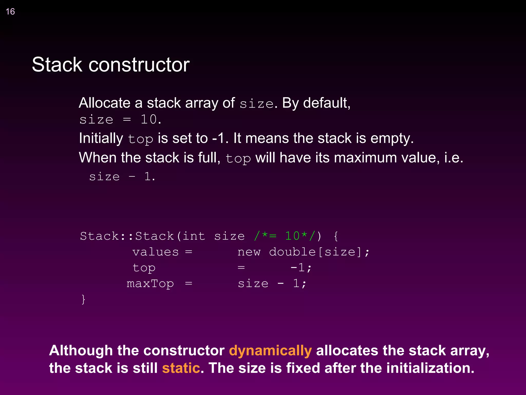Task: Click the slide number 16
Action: tap(10, 12)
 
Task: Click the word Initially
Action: tap(101, 138)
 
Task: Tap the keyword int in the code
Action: tap(194, 236)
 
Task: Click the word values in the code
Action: tap(155, 252)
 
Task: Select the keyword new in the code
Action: tap(249, 252)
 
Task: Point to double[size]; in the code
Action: tap(319, 252)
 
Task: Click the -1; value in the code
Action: tap(301, 268)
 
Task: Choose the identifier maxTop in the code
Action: tap(150, 284)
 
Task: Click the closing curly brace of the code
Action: tap(83, 299)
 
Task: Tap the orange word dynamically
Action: tap(270, 351)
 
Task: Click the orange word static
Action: tap(181, 368)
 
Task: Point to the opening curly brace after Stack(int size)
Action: tap(336, 236)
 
